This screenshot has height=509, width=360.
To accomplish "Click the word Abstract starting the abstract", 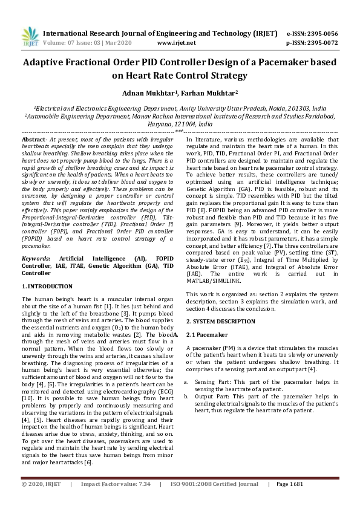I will pyautogui.click(x=34, y=139).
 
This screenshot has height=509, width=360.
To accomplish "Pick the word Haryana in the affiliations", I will pyautogui.click(x=160, y=122).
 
